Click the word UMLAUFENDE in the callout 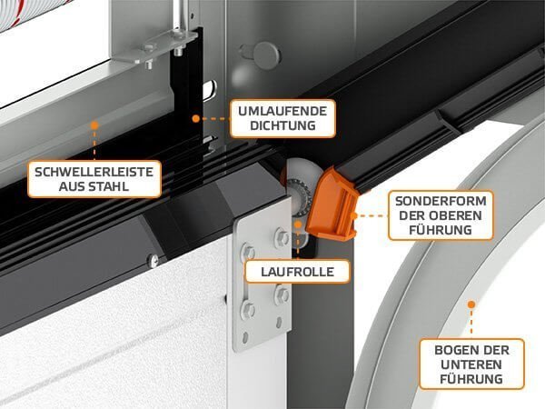[282, 111]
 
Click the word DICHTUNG [282, 125]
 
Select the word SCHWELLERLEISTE [94, 172]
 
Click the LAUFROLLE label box [297, 272]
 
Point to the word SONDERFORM [441, 201]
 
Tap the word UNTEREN [471, 364]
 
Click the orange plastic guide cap [332, 205]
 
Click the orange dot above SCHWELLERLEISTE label [94, 125]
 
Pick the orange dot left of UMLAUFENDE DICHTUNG [196, 118]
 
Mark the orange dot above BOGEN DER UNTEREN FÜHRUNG [471, 304]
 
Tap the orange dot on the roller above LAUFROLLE [298, 224]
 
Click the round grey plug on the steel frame [266, 55]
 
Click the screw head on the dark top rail [154, 260]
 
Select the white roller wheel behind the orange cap [300, 181]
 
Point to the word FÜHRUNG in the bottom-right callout [471, 379]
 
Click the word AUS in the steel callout [71, 186]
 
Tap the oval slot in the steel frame [210, 90]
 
